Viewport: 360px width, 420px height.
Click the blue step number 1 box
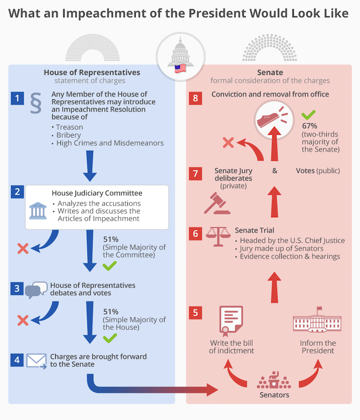click(17, 99)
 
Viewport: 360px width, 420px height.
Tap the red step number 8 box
click(195, 99)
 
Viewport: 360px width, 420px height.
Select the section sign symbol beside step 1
click(36, 104)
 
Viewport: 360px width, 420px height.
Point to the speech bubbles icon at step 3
click(36, 290)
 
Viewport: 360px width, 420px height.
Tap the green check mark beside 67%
click(309, 115)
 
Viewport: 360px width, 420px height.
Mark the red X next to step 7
click(228, 143)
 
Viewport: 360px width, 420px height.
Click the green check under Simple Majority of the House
click(109, 337)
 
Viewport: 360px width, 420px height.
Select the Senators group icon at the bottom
click(274, 381)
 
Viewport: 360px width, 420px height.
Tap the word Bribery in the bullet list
click(68, 135)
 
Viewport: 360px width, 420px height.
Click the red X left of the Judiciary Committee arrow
click(23, 248)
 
